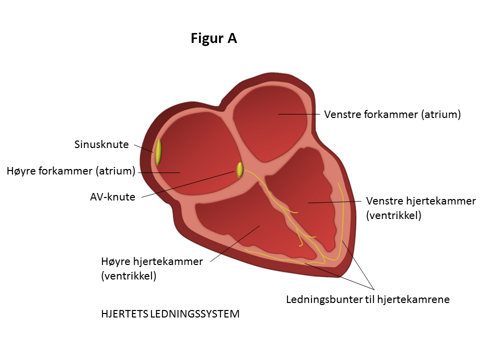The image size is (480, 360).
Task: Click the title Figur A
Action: pyautogui.click(x=213, y=38)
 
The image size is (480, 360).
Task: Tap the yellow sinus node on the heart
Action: pyautogui.click(x=158, y=152)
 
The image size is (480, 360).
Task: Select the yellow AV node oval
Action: pyautogui.click(x=239, y=170)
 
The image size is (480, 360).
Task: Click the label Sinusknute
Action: pyautogui.click(x=101, y=145)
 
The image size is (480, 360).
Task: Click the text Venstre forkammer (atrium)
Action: pyautogui.click(x=392, y=114)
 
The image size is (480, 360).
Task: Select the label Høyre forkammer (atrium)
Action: pyautogui.click(x=71, y=171)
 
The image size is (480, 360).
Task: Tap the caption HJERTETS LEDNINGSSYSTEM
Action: pyautogui.click(x=170, y=314)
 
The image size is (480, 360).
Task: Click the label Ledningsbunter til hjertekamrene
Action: pyautogui.click(x=367, y=299)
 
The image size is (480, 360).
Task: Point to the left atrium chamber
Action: pyautogui.click(x=270, y=125)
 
